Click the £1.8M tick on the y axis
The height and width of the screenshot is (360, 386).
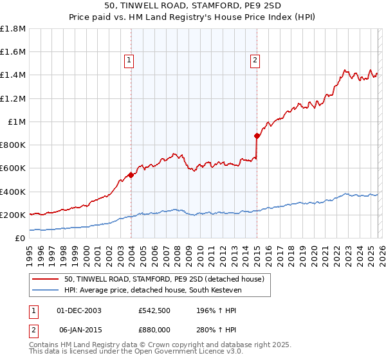tap(13, 29)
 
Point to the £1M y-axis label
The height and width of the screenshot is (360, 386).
tap(16, 122)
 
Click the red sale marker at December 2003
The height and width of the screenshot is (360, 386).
tap(131, 174)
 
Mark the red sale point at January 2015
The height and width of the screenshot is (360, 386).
tap(257, 136)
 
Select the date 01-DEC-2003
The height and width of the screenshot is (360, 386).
tap(79, 310)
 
